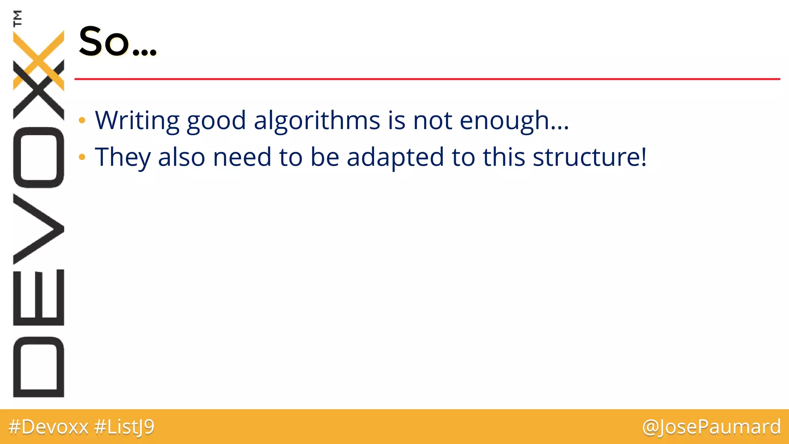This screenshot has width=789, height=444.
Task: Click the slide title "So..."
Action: tap(118, 42)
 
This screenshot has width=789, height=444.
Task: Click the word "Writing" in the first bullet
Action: tap(137, 120)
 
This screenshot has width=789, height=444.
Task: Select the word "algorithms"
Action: tap(317, 120)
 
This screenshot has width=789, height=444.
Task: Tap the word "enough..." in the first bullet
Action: tap(514, 120)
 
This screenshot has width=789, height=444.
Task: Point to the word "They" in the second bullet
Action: tap(123, 157)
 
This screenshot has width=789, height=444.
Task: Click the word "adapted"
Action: tap(395, 157)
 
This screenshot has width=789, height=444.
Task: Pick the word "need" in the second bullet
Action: tap(242, 157)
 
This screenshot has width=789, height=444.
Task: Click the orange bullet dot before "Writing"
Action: tap(82, 121)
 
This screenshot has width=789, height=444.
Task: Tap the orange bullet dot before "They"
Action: tap(82, 157)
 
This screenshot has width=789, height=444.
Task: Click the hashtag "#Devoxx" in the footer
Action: tap(49, 427)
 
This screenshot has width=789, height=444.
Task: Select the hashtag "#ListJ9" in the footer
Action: tap(124, 427)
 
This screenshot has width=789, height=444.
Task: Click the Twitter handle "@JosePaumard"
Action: tap(711, 427)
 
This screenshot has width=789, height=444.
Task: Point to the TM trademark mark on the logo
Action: tap(17, 18)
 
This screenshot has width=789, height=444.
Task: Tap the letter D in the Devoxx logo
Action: tap(39, 367)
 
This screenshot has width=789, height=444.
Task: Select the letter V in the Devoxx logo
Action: tap(39, 229)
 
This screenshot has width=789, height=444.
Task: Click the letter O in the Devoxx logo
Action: tap(39, 157)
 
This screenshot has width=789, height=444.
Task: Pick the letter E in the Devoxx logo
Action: tap(39, 297)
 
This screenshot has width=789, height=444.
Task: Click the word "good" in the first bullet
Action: tap(216, 120)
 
